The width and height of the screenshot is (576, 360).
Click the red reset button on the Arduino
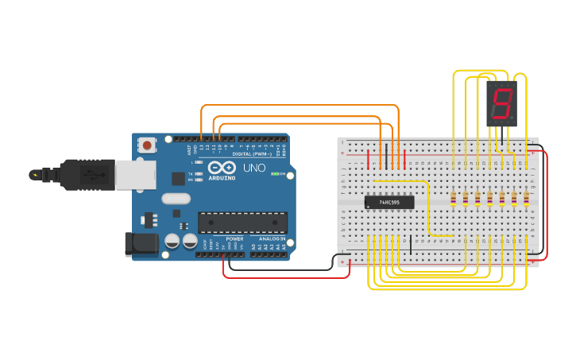[148, 145]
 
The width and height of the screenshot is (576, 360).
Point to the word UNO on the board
[253, 168]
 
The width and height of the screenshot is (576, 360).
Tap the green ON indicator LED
[273, 173]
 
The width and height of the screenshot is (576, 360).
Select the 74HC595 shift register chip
[389, 202]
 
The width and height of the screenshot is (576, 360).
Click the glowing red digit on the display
[501, 103]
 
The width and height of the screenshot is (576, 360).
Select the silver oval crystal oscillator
[176, 199]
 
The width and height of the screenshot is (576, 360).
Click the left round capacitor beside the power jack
[172, 242]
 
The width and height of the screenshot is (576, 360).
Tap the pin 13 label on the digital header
[203, 148]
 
